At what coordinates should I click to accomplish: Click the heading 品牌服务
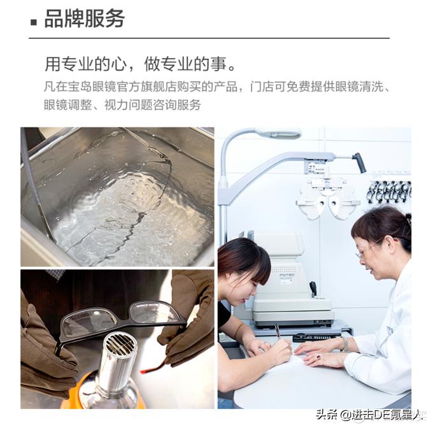point(84,18)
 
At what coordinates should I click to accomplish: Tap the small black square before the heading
point(34,22)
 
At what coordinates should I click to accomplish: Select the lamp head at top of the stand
point(278,133)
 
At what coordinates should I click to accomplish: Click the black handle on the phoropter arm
point(360,162)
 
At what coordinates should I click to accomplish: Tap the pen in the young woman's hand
point(278,331)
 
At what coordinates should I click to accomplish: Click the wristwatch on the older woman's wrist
point(344,344)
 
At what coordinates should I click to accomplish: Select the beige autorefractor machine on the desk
point(290,280)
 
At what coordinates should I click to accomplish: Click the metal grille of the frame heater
point(121,345)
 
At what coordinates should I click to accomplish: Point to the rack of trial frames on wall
point(388,191)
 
